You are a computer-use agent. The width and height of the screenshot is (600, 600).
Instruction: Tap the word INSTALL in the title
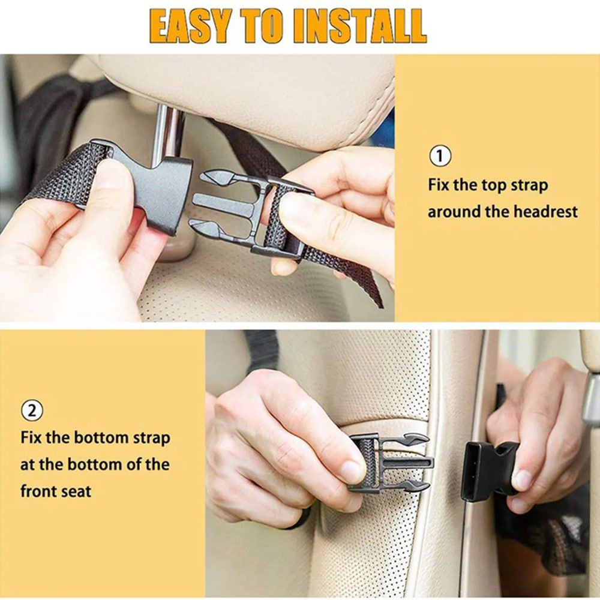(x=362, y=26)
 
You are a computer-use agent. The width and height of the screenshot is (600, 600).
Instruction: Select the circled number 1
(x=439, y=156)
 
